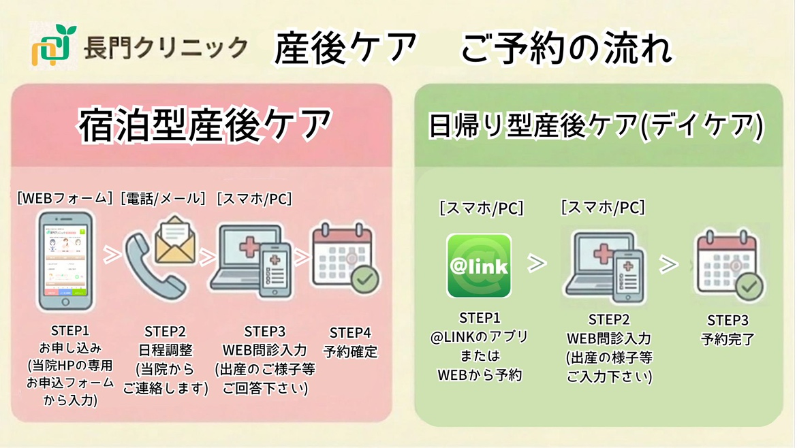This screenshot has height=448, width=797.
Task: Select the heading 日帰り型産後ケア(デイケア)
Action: point(595,126)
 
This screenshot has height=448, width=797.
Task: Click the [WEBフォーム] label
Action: point(65,199)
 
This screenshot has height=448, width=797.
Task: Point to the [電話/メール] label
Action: point(163,199)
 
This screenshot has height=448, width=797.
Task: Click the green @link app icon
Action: point(479,266)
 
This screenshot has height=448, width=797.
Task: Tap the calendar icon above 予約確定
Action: point(345,258)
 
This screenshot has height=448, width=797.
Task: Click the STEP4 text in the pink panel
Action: point(350,333)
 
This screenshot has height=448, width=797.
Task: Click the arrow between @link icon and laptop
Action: point(538,263)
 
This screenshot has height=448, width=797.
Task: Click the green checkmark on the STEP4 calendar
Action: point(365,280)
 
